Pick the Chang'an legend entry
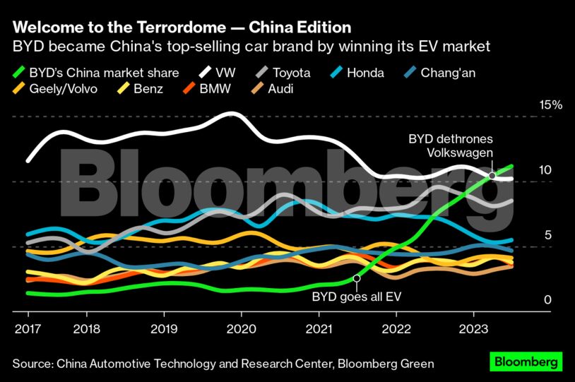click(x=453, y=72)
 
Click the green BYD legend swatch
click(x=20, y=72)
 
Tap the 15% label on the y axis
click(x=551, y=105)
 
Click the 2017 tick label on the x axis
click(x=28, y=328)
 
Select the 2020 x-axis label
click(x=241, y=328)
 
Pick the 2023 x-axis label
click(x=473, y=328)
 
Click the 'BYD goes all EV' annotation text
click(x=356, y=296)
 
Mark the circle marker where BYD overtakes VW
click(x=492, y=175)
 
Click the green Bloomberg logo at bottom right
click(x=526, y=362)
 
